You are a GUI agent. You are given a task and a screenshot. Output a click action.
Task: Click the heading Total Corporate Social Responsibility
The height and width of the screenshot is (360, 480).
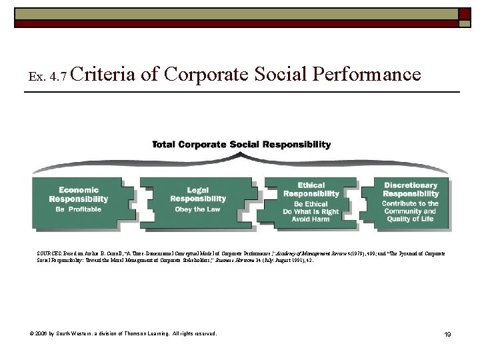click(241, 144)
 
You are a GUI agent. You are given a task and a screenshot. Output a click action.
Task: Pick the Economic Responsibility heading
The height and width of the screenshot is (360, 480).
click(79, 195)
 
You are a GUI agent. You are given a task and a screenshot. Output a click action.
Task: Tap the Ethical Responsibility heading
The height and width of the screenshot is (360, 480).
click(311, 189)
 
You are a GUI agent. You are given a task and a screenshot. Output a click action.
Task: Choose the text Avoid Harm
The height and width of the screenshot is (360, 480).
click(311, 219)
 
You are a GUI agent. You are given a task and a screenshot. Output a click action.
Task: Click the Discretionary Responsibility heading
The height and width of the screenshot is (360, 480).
click(410, 189)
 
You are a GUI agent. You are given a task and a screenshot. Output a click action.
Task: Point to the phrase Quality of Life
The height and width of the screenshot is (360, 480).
click(410, 219)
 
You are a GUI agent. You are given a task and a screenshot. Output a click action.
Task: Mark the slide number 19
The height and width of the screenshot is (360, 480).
click(447, 334)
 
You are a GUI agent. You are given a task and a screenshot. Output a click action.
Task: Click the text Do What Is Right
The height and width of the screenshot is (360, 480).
click(311, 212)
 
